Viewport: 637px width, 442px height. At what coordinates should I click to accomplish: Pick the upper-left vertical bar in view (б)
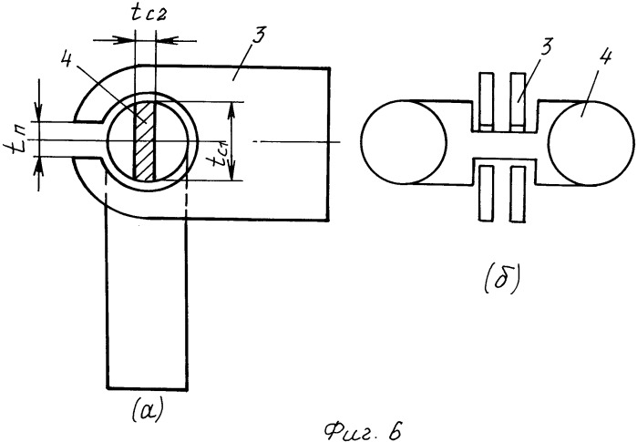pyautogui.click(x=483, y=100)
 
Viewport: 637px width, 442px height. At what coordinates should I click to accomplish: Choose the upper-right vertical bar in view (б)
pyautogui.click(x=519, y=100)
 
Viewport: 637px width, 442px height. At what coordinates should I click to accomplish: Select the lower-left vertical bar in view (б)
pyautogui.click(x=483, y=191)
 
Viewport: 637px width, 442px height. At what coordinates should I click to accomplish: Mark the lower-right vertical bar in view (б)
pyautogui.click(x=519, y=191)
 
